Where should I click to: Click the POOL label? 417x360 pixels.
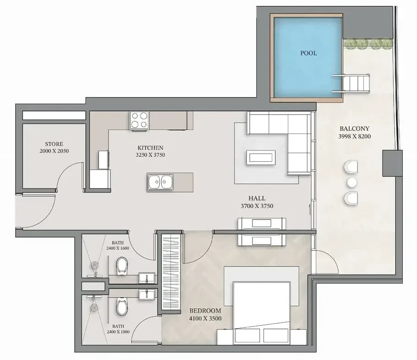tap(308, 53)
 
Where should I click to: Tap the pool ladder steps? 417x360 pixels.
tap(351, 83)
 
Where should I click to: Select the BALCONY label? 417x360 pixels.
tap(355, 128)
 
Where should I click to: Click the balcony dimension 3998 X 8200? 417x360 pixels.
tap(355, 137)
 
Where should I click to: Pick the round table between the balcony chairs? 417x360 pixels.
tap(352, 183)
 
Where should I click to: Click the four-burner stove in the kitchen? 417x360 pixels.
tap(139, 120)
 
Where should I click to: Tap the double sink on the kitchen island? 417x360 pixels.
tap(160, 182)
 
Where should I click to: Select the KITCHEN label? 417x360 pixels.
tap(150, 148)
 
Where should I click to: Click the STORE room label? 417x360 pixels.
tap(54, 144)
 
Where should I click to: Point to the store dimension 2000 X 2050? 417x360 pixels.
tap(54, 151)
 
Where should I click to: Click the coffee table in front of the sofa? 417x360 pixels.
tap(261, 157)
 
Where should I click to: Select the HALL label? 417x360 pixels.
tap(257, 198)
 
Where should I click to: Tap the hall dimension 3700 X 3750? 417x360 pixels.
tap(257, 206)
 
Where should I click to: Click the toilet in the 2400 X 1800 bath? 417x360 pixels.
tap(122, 306)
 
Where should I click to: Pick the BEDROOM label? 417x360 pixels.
tap(205, 310)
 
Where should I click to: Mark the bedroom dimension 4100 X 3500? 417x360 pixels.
tap(205, 318)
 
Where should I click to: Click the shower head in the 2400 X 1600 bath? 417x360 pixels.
tap(95, 266)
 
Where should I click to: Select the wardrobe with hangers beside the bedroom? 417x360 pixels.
tap(171, 271)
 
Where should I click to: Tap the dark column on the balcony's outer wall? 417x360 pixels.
tap(392, 163)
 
